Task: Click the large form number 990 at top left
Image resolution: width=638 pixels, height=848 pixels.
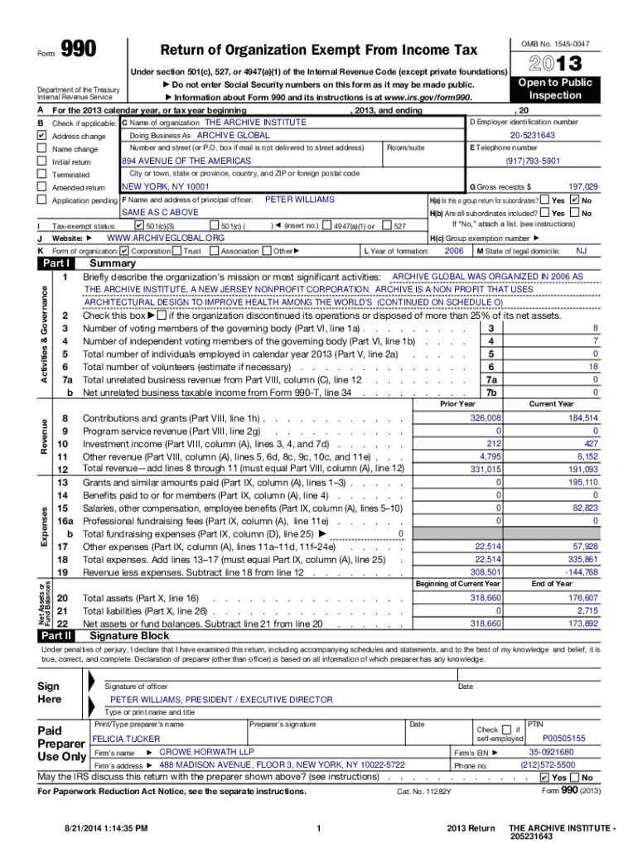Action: [79, 51]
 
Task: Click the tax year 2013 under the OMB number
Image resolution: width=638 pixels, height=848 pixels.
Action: [547, 64]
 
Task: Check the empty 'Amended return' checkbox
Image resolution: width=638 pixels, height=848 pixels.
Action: [42, 188]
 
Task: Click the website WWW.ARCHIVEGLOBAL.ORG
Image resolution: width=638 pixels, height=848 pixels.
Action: [167, 238]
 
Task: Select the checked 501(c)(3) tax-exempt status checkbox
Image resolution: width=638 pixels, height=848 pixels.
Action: [138, 225]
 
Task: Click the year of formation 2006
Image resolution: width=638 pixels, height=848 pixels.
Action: [454, 250]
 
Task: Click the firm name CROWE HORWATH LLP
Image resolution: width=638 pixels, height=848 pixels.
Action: [195, 752]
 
